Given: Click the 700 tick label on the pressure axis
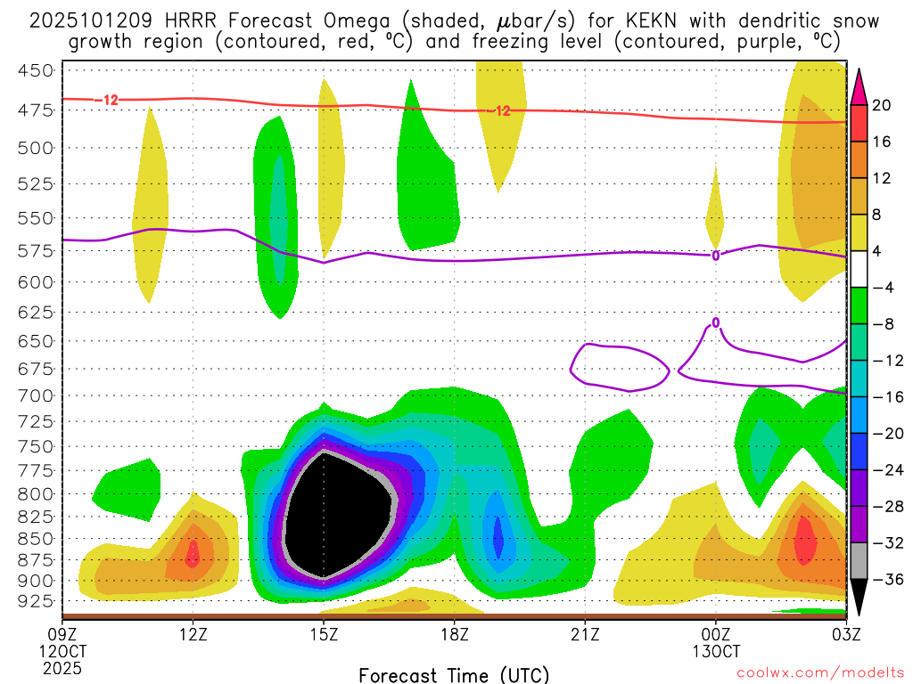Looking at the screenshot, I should coord(37,395).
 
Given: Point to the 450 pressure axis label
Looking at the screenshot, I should coord(37,70).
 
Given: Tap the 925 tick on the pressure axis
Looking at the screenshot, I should coord(37,601).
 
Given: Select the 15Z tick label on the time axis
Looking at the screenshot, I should coord(324,634).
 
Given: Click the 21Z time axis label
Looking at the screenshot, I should coord(585,634).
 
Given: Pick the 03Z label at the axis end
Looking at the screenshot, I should coord(845,634).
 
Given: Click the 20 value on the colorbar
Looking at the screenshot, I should coord(882,105).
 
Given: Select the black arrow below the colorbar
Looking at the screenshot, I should coord(859,598).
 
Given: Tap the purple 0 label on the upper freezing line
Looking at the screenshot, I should coord(715,256).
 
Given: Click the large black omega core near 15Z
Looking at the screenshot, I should coord(339,517).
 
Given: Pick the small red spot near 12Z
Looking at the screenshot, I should coord(193,554).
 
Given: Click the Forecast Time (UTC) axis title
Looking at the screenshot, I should coord(454,674).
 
